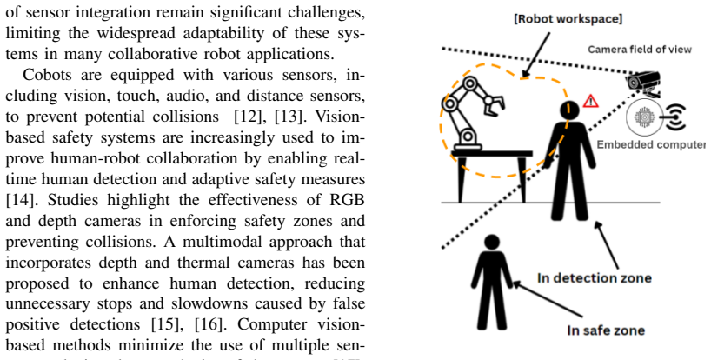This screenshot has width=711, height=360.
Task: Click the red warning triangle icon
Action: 590,101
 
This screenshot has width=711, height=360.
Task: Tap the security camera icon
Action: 643,83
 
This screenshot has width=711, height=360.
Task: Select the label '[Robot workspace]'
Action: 568,19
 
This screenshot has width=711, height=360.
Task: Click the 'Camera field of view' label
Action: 640,49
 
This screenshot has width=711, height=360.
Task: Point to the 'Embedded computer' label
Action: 651,144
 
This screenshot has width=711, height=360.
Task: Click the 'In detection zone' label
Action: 595,277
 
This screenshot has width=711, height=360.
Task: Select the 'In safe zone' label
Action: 606,330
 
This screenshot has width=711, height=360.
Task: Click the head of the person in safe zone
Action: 492,242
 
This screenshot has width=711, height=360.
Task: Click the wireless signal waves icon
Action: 675,117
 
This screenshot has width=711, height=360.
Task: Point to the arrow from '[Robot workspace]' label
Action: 536,54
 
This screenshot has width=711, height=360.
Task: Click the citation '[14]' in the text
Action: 17,200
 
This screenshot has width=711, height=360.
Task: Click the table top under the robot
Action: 492,154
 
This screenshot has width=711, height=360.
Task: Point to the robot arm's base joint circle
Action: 468,136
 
